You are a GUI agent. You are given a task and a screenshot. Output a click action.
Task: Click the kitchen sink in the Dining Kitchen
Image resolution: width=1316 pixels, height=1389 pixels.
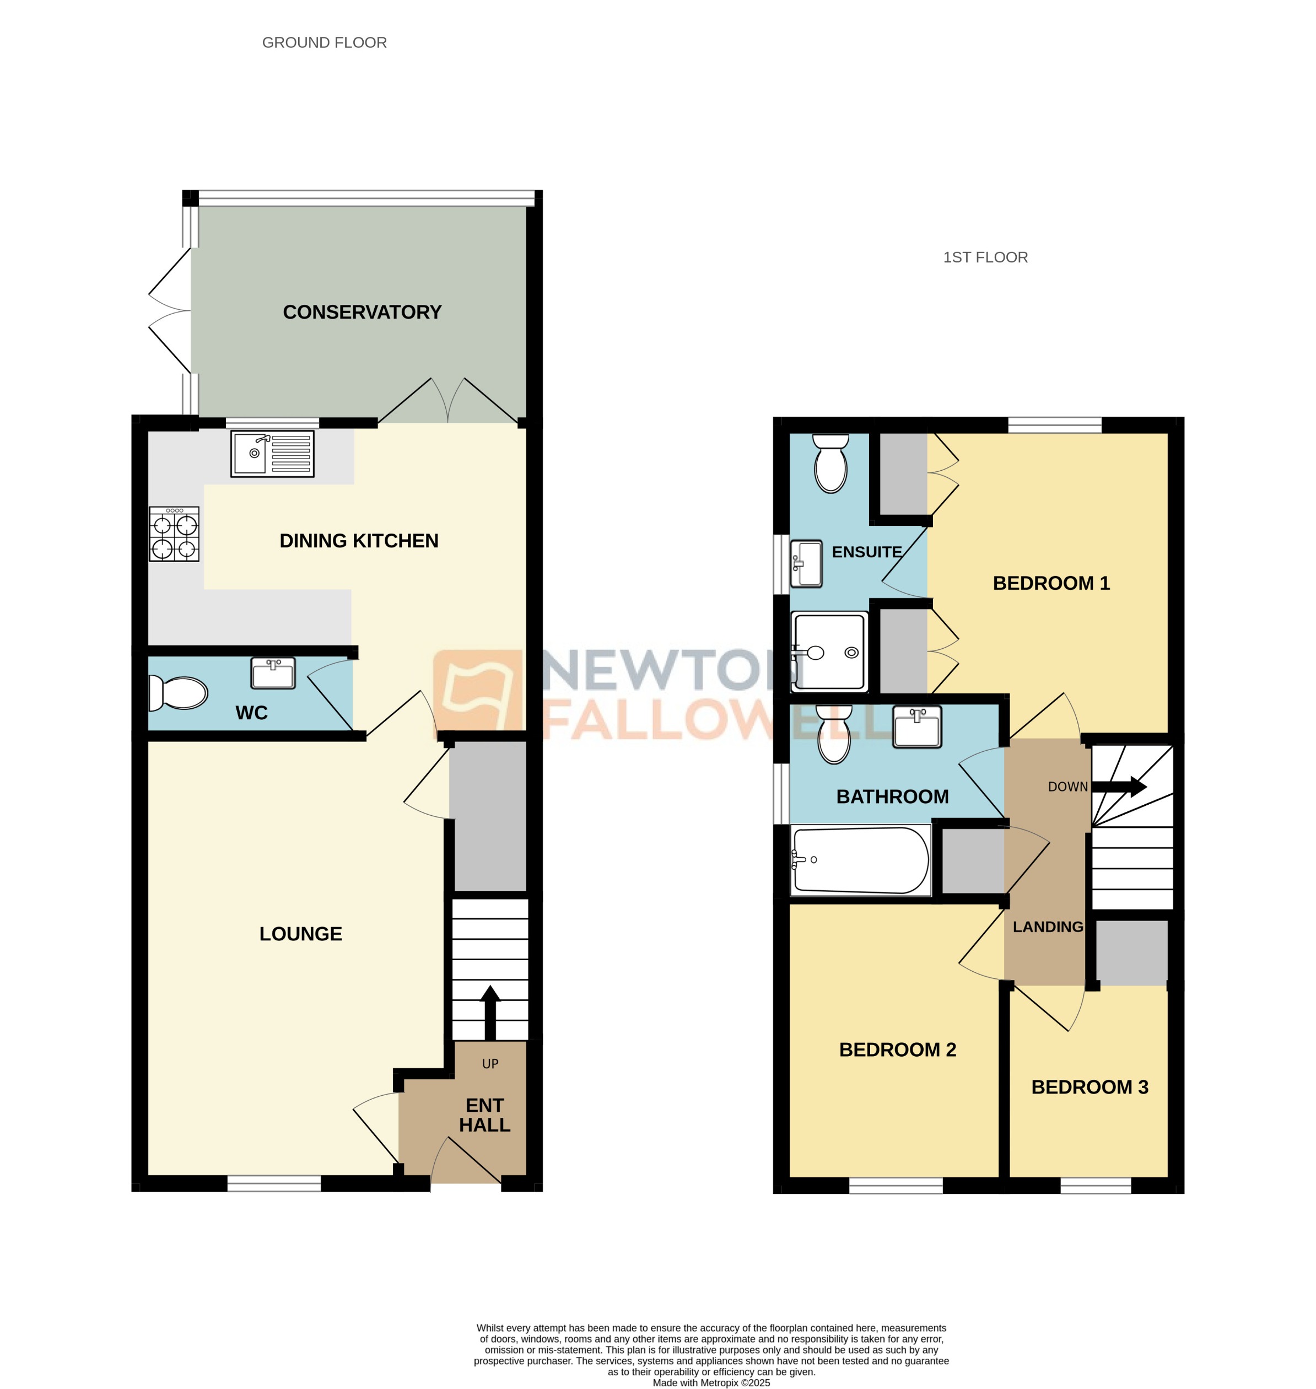pos(272,454)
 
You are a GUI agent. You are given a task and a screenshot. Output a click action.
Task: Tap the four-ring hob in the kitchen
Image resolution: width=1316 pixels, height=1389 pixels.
pos(174,534)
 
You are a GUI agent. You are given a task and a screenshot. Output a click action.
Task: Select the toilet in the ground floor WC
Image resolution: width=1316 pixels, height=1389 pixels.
pos(179,693)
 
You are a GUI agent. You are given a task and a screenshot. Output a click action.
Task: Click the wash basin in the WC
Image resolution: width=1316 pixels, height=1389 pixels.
pos(273,674)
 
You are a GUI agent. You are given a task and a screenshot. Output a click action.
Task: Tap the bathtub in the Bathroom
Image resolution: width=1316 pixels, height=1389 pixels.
pos(860,860)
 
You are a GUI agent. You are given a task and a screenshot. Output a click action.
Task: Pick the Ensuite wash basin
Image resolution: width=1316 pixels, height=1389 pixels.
pos(806,563)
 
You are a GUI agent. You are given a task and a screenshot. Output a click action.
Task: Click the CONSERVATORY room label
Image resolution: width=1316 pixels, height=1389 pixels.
pos(362,312)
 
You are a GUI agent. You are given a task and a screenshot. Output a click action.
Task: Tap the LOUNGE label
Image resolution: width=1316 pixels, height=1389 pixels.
pos(300,934)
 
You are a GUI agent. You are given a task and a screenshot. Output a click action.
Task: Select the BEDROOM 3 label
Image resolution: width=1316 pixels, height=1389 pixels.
pos(1089,1087)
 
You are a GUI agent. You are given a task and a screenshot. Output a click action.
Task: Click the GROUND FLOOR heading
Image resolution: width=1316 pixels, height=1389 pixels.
pos(324,43)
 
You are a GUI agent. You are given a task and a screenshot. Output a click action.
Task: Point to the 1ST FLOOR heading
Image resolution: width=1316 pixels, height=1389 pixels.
pos(985,257)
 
